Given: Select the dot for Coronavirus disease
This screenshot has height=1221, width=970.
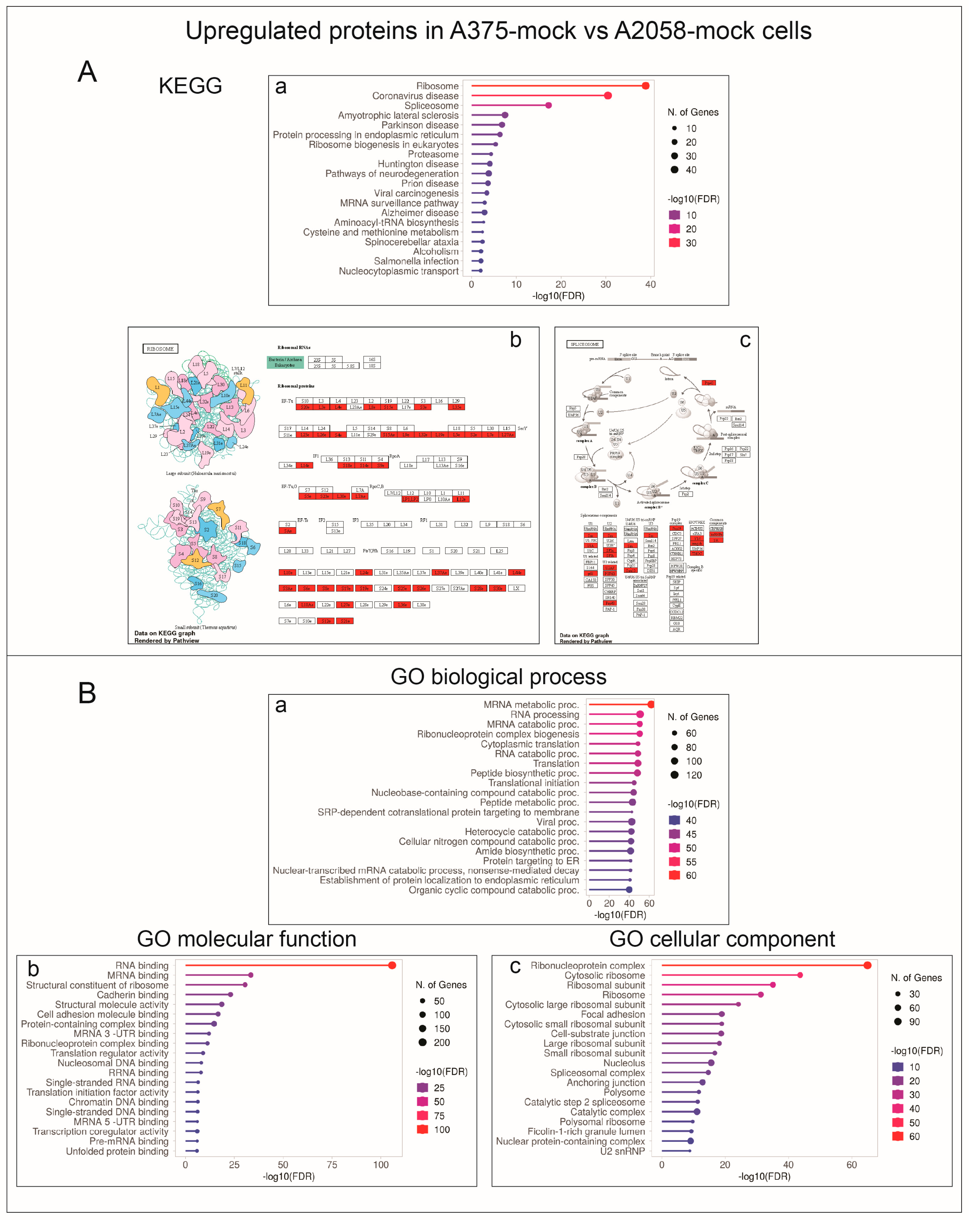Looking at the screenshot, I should click(607, 96).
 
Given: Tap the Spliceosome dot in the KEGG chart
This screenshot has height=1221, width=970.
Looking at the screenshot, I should click(548, 105).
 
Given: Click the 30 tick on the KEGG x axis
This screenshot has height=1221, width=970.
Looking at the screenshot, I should click(605, 284).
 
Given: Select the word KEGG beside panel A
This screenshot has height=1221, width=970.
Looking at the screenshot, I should click(190, 86).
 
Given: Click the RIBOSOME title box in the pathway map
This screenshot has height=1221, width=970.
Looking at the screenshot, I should click(160, 349).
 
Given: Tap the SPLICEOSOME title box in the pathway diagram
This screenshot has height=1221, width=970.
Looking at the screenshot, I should click(584, 344).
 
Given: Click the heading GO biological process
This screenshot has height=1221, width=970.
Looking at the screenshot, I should click(498, 677).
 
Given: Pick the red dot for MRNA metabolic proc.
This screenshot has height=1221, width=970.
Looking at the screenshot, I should click(651, 705).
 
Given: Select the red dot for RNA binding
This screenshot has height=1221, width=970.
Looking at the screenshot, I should click(392, 965).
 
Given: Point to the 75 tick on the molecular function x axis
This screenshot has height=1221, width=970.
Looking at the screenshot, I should click(332, 1165).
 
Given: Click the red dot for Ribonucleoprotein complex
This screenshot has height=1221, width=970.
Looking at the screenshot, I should click(867, 965).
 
